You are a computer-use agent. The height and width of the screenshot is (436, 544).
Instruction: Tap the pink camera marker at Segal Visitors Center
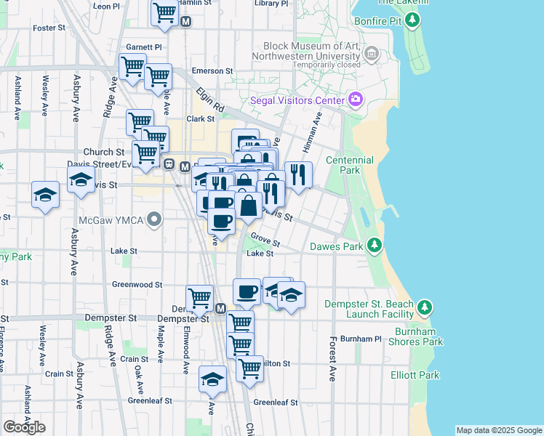pos(356,99)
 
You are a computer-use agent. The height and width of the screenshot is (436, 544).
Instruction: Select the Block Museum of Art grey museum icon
pos(372,53)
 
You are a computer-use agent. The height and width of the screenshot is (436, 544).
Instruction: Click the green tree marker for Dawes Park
pos(375,245)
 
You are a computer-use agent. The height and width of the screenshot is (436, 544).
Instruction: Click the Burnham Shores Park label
pos(419,336)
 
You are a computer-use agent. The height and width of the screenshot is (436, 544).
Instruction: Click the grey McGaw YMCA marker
pos(153,218)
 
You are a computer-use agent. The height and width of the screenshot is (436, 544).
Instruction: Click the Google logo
pos(24,427)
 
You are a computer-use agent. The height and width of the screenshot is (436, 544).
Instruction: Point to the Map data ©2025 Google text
pos(498,430)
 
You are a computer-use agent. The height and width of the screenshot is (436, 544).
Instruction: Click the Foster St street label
pos(49,28)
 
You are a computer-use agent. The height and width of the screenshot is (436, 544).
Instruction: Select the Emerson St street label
pos(212,71)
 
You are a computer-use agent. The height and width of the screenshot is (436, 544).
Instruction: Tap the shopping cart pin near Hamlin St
pos(165,12)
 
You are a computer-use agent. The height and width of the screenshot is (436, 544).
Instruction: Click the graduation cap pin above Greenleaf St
pos(212,379)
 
